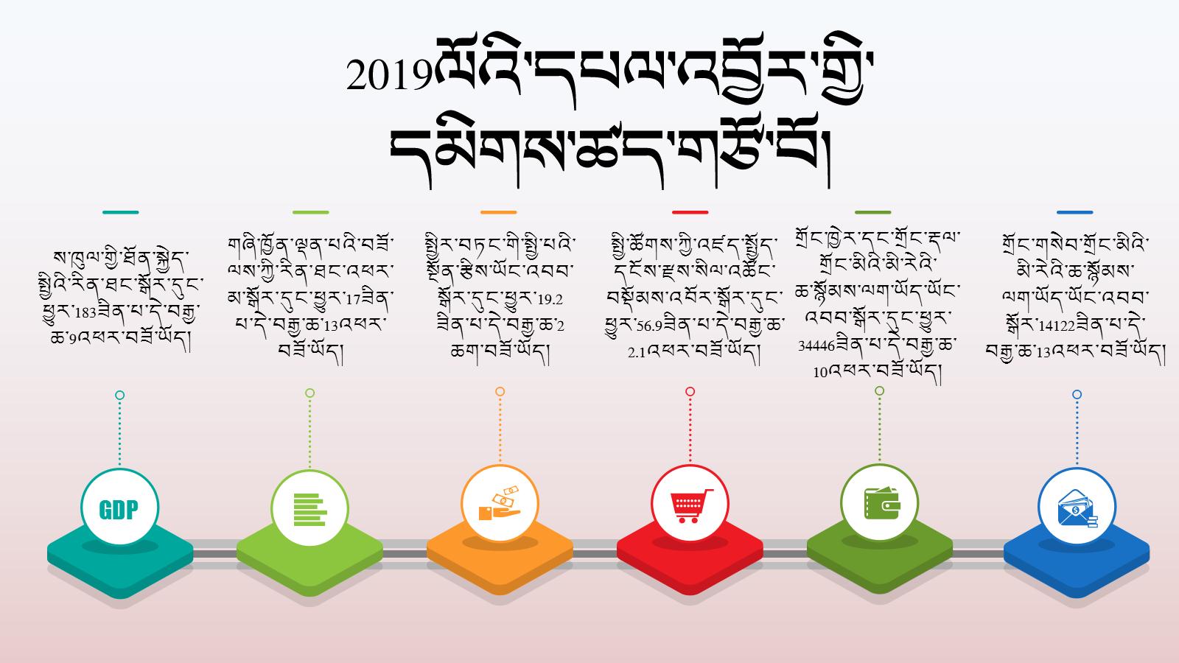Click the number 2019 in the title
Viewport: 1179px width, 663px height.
(x=390, y=75)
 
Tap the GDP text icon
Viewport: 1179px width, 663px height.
(x=119, y=510)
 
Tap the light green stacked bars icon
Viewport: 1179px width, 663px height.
(x=309, y=509)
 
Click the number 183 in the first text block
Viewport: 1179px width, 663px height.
(x=85, y=312)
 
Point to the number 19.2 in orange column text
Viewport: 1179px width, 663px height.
(x=550, y=300)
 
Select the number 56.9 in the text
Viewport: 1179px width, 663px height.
(x=649, y=326)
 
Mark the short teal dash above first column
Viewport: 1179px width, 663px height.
(x=121, y=213)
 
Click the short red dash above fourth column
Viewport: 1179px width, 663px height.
(x=690, y=213)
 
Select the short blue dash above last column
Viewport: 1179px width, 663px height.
(x=1075, y=213)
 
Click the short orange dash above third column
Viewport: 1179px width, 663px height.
(x=498, y=213)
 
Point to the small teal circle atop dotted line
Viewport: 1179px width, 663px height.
(x=119, y=395)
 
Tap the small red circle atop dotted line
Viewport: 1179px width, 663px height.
(x=690, y=391)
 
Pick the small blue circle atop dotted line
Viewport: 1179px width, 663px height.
(x=1077, y=395)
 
